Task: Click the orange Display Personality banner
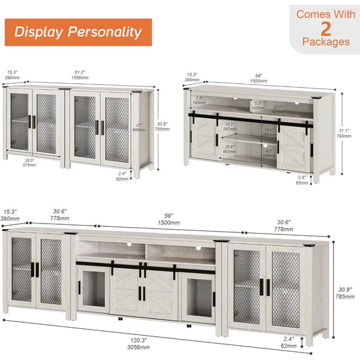[x=78, y=32]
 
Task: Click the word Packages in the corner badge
[x=326, y=41]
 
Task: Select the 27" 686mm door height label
[x=140, y=127]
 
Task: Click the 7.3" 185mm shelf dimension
[x=199, y=100]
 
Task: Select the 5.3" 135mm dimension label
[x=257, y=105]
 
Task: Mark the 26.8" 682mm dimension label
[x=229, y=149]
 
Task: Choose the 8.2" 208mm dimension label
[x=269, y=153]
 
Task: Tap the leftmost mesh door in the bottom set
[x=21, y=272]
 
